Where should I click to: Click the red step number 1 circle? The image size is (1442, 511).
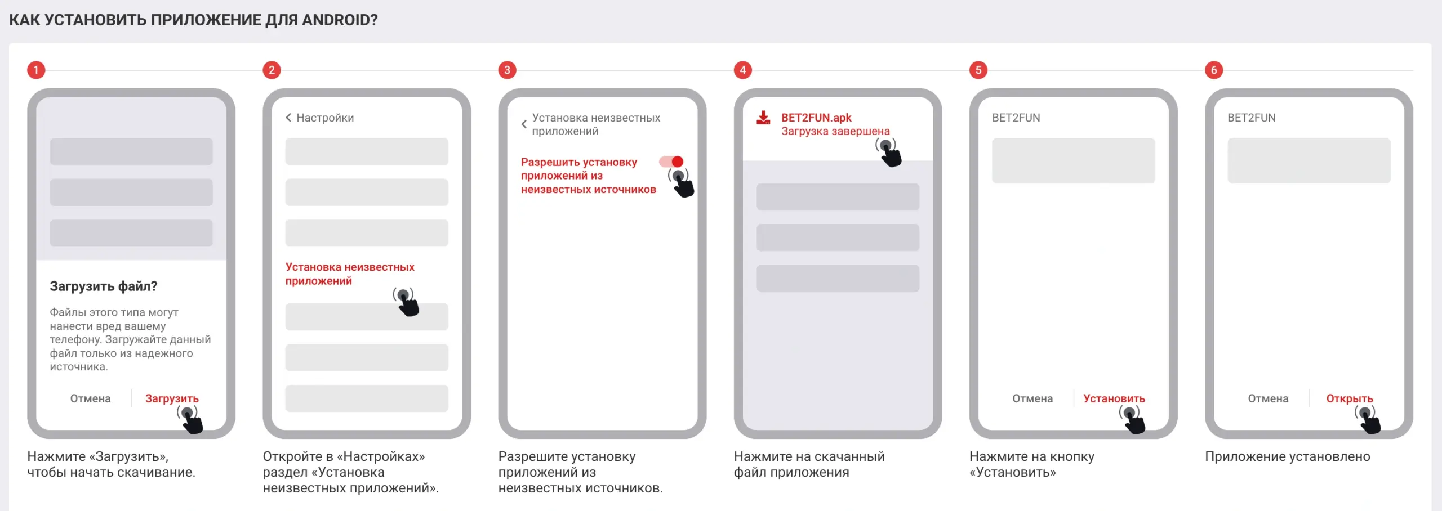click(x=36, y=70)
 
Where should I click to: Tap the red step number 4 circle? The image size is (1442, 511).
click(x=742, y=70)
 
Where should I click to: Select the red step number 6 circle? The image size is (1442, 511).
click(x=1214, y=70)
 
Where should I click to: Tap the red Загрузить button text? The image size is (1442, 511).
click(x=172, y=399)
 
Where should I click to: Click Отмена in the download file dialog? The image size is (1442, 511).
click(x=90, y=398)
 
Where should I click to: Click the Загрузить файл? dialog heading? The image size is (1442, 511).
click(x=104, y=286)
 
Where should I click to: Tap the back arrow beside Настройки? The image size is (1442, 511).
click(x=288, y=118)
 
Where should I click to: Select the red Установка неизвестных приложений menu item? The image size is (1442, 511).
click(x=350, y=274)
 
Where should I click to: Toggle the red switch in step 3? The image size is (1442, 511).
click(x=671, y=162)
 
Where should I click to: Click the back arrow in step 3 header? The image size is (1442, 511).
click(x=524, y=124)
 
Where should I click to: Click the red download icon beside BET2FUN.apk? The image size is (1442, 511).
click(x=763, y=118)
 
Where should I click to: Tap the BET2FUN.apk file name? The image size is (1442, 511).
click(x=816, y=118)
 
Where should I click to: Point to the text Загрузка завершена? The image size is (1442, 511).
click(x=835, y=131)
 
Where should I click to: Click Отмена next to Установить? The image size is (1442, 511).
click(x=1032, y=398)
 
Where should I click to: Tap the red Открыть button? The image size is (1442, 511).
click(x=1350, y=399)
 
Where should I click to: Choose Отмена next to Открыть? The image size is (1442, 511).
click(x=1268, y=398)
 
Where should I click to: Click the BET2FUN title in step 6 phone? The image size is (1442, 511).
click(x=1252, y=118)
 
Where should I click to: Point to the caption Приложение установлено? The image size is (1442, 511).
click(x=1288, y=456)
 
